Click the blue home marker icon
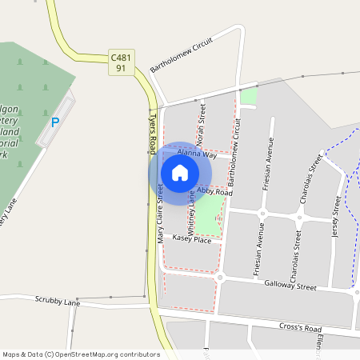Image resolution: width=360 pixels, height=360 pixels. (x=180, y=172)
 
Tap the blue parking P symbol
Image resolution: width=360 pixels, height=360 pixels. (x=54, y=122)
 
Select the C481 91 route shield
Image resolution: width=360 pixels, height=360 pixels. (x=120, y=62)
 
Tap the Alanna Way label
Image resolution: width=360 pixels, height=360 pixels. (x=197, y=153)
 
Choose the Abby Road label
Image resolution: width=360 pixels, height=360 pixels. (x=214, y=193)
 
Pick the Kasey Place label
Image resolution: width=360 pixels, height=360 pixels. (x=192, y=239)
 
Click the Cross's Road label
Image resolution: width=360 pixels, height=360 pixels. (x=300, y=328)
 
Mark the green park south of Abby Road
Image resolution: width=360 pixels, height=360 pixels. (x=209, y=214)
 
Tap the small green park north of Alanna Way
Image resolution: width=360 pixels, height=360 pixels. (x=249, y=97)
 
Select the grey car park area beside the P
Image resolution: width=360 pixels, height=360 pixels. (x=58, y=120)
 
